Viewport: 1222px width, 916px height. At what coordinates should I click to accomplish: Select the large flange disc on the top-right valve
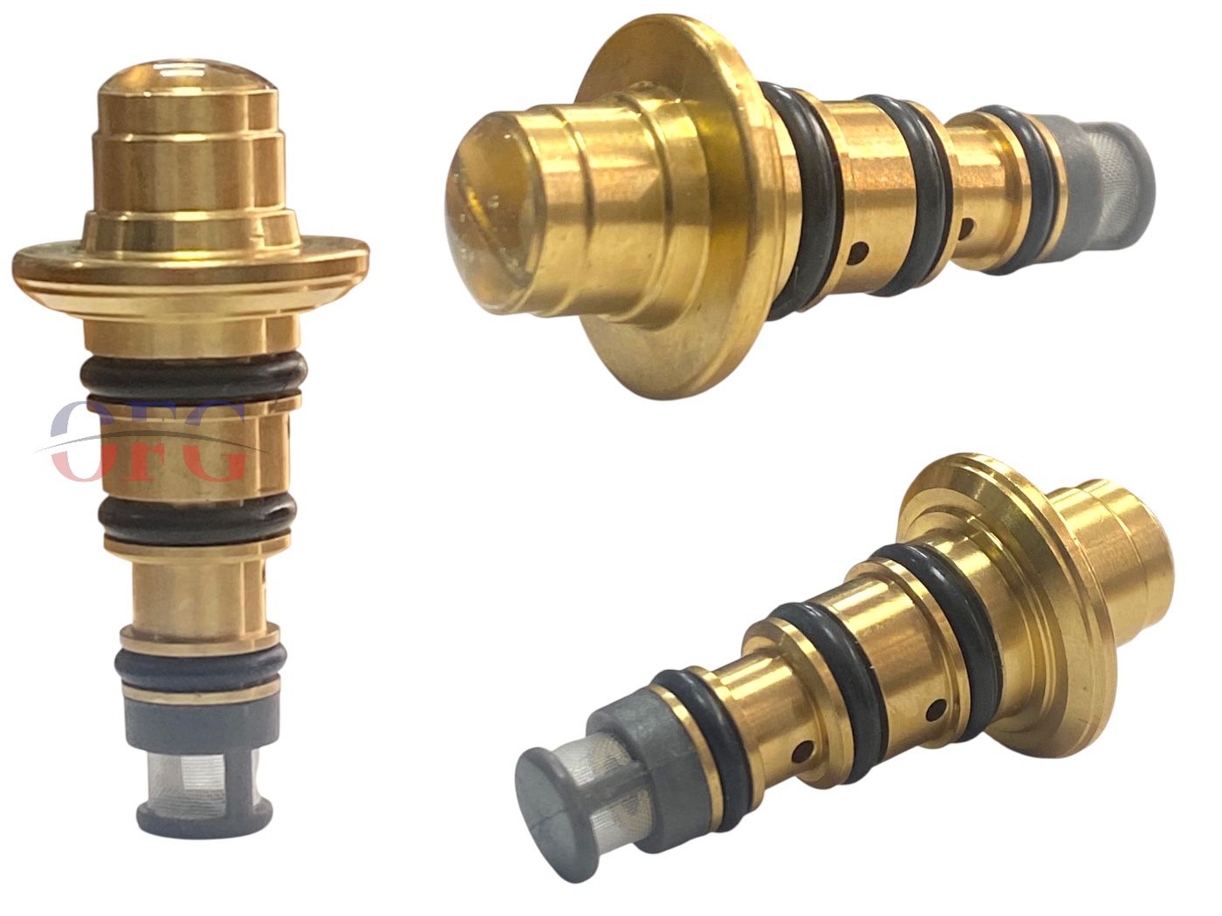coord(668,206)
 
